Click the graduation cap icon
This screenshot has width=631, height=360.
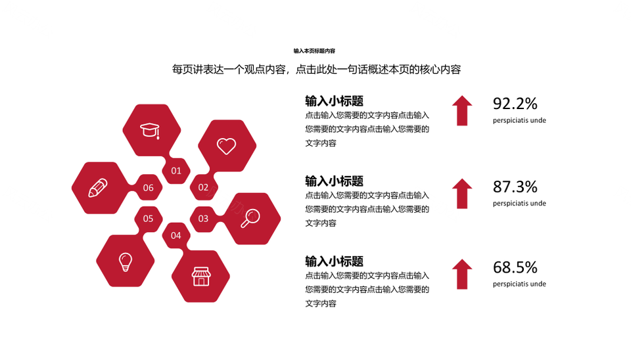150,131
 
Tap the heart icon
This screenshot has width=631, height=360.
227,146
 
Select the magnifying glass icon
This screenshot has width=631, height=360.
250,218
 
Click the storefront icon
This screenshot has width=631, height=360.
201,277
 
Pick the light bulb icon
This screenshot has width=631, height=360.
125,262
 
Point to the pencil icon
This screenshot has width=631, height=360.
98,188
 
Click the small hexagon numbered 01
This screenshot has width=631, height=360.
176,171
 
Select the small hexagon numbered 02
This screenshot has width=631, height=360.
203,187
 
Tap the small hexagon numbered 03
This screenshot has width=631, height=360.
203,219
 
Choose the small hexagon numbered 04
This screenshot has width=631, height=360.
176,236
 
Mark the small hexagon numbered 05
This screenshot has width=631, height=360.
148,219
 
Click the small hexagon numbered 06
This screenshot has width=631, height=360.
148,188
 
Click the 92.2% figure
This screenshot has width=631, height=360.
515,104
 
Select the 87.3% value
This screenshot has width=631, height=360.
515,187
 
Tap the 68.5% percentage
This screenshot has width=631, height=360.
515,267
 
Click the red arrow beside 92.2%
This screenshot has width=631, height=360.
462,110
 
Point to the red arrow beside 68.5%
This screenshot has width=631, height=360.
462,275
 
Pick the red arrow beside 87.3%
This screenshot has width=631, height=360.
462,194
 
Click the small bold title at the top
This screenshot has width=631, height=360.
314,51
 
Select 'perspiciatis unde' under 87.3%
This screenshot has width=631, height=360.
519,204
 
